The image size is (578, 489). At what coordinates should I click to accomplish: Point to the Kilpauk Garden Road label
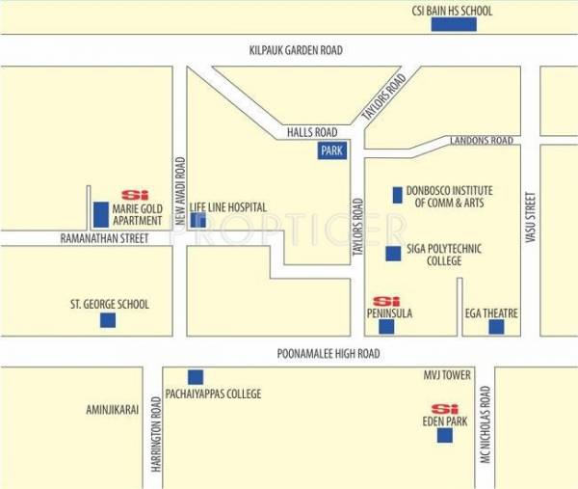(295, 49)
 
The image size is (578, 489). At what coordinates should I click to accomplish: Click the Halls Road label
(311, 133)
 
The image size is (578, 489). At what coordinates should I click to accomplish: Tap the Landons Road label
(481, 141)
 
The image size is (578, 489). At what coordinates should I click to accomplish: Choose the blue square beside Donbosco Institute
(397, 196)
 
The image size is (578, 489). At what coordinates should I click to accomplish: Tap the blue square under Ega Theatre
(496, 327)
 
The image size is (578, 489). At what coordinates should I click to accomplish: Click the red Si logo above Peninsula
(386, 301)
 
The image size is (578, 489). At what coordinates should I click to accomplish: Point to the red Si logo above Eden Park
(444, 407)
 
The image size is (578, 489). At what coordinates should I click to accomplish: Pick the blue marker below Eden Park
(444, 435)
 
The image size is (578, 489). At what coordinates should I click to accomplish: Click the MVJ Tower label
(445, 374)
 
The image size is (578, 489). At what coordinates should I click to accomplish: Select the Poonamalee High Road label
(329, 354)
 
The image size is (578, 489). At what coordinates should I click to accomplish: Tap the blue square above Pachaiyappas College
(196, 377)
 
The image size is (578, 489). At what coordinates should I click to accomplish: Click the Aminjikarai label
(114, 409)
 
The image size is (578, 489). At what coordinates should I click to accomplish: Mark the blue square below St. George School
(108, 320)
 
